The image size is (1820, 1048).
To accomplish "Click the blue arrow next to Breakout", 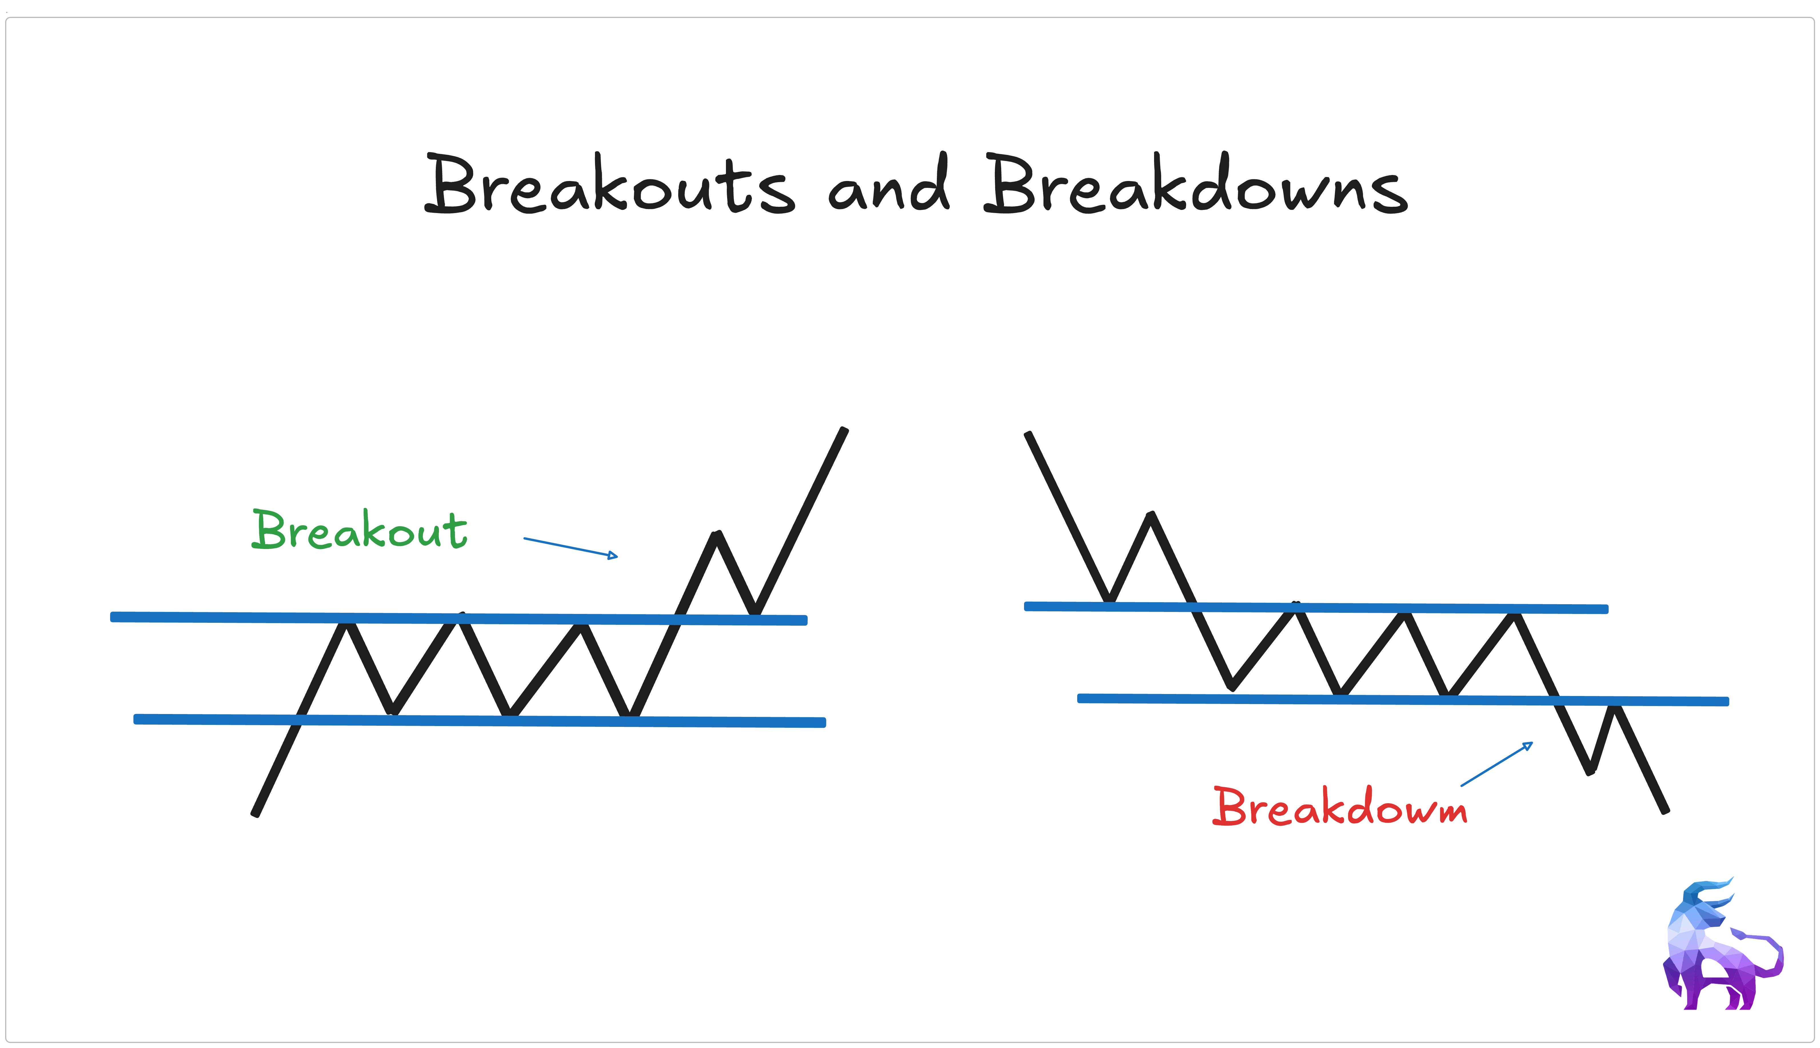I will (x=570, y=547).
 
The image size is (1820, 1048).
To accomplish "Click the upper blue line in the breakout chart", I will (x=216, y=617).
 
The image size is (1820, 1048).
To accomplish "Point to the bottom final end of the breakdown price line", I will (x=1665, y=811).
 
